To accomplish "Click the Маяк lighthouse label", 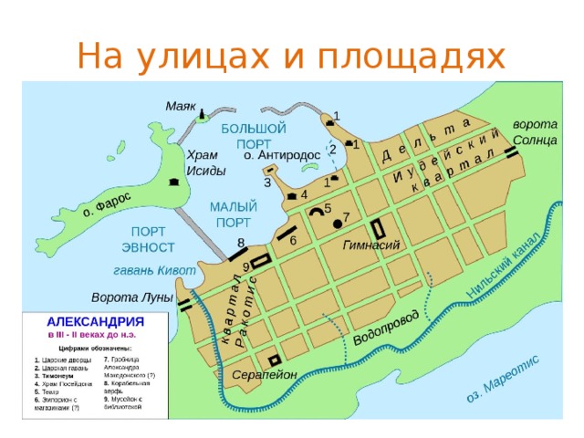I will pos(180,106).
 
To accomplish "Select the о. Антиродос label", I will pos(282,155).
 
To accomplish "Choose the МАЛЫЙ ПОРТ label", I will pos(233,214).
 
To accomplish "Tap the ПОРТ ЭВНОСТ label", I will pos(147,239).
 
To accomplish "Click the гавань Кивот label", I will pos(154,270).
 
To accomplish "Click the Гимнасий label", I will pos(372,245).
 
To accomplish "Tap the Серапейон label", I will pos(265,375).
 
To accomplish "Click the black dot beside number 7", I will pos(337,223).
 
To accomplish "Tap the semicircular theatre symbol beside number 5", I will pos(318,212).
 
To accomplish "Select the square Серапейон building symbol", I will pos(273,359).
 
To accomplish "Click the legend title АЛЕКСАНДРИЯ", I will pos(96,322).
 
